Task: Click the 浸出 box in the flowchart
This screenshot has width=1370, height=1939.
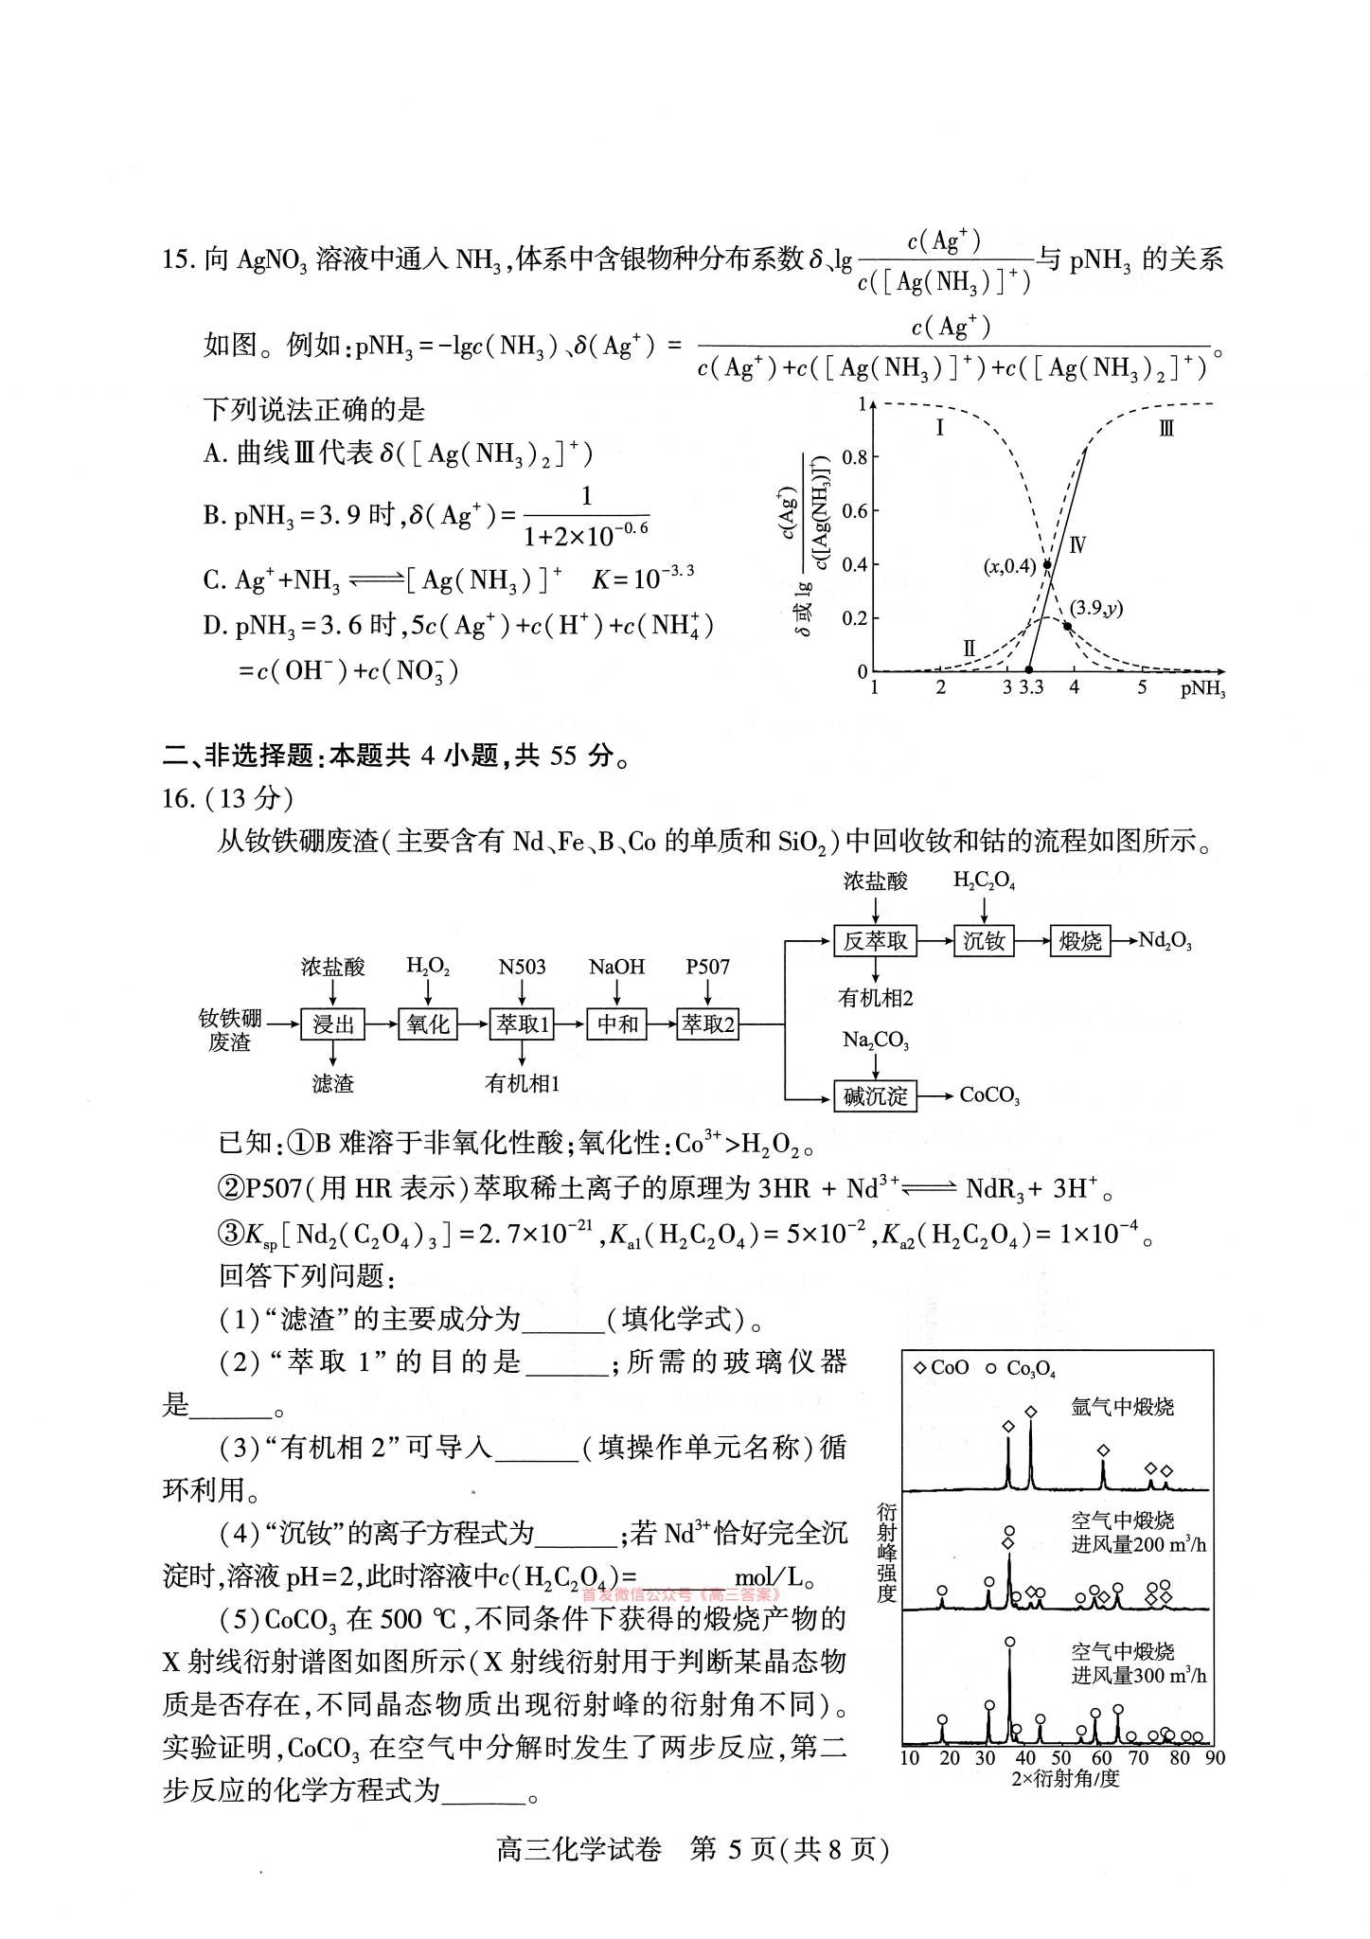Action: [332, 1023]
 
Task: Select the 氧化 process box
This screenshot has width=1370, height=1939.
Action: [428, 1023]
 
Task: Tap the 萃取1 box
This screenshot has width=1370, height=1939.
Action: [522, 1023]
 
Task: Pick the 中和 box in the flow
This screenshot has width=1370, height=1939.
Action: [617, 1023]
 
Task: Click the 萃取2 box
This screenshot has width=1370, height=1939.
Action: [707, 1023]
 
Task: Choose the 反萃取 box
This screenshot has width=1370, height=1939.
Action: [876, 941]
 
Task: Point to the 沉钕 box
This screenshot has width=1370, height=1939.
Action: [984, 941]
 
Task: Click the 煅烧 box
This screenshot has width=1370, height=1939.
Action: [1080, 941]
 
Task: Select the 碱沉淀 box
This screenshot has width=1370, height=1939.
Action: [875, 1096]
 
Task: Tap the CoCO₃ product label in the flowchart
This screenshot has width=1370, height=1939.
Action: [989, 1096]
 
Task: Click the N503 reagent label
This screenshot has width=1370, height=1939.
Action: [522, 967]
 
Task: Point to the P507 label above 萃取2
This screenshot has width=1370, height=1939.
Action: [707, 967]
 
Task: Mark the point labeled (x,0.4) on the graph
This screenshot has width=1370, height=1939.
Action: [1047, 564]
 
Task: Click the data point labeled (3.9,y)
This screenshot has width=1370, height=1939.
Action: [1067, 626]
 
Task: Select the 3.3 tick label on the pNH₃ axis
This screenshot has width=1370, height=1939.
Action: [1031, 687]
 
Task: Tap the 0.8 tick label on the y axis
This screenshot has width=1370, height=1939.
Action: [855, 458]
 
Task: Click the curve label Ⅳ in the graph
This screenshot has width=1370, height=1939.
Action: [1077, 545]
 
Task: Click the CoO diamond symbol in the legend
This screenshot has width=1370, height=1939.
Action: [920, 1368]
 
